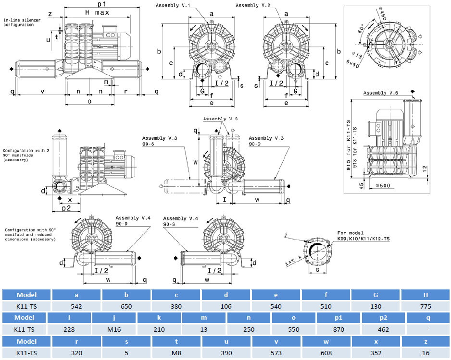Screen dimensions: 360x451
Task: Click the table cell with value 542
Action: point(76,306)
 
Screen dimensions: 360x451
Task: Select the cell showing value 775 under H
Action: point(426,306)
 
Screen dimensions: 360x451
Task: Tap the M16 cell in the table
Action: point(114,329)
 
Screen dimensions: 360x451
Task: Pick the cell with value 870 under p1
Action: point(338,329)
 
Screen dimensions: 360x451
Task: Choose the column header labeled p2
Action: point(383,317)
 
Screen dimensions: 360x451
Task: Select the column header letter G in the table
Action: point(376,295)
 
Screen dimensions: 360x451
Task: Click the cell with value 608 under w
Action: point(326,352)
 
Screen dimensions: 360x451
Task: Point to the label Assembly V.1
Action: point(173,5)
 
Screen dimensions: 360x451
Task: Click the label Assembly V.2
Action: point(253,5)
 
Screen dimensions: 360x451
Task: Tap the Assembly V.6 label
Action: point(380,93)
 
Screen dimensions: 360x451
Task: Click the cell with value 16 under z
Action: point(426,352)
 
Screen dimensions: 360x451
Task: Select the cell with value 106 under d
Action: point(225,306)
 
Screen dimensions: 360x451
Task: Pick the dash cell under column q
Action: point(428,329)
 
